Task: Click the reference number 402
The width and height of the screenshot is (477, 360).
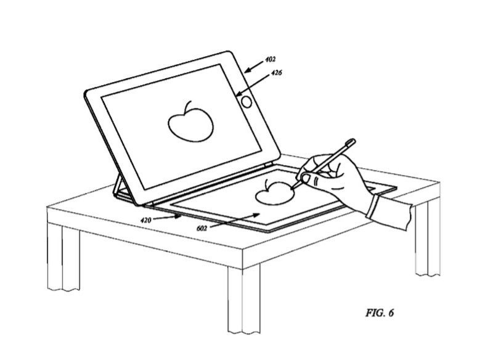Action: click(270, 59)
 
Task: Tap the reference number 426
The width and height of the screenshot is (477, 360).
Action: click(276, 73)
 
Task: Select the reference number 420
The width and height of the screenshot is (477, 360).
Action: click(145, 220)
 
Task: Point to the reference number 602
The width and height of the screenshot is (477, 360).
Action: click(202, 228)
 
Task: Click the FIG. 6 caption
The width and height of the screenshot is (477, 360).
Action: click(380, 313)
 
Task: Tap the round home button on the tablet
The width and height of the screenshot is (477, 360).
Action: click(247, 102)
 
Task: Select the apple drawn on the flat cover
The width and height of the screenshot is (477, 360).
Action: click(274, 192)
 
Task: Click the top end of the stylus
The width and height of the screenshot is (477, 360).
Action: click(353, 142)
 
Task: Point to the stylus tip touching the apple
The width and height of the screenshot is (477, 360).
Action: click(292, 189)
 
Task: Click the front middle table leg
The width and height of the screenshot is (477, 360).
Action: click(243, 299)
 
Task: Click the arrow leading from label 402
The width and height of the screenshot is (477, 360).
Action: click(254, 67)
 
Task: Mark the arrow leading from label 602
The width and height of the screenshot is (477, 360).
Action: click(235, 220)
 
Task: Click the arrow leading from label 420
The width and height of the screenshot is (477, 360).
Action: click(167, 217)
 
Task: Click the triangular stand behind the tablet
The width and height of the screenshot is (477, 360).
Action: click(120, 187)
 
